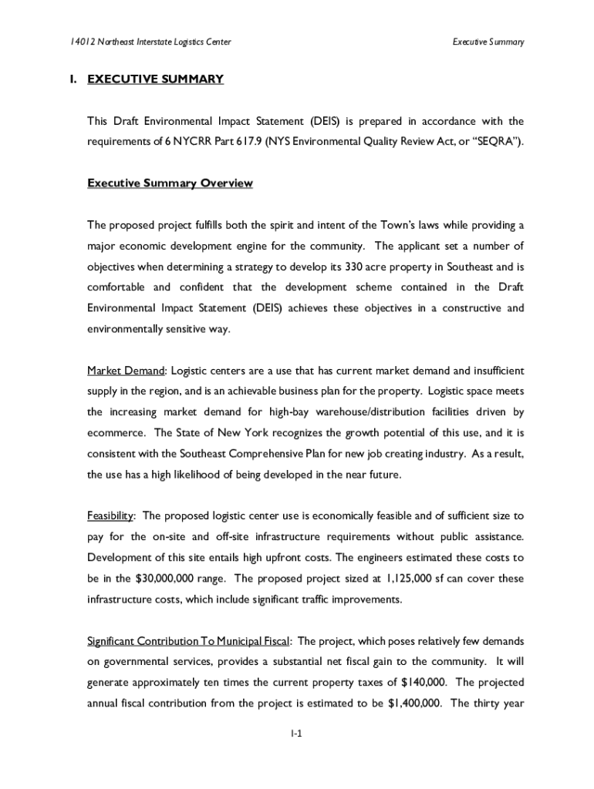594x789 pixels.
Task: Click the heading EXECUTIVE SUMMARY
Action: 155,79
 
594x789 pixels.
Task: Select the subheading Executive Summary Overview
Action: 170,183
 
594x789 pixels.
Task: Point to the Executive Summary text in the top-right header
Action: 488,42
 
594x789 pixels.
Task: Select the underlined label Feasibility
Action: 111,515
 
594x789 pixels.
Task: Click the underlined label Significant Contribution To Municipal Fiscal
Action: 189,641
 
